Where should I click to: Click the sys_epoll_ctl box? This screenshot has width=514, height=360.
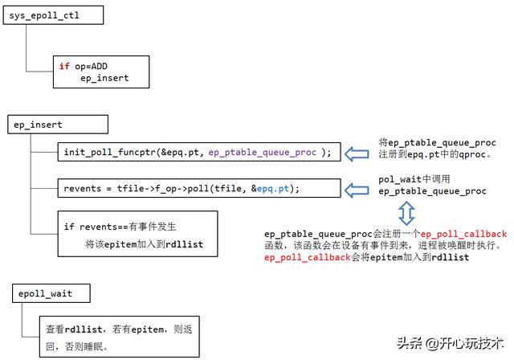click(x=54, y=15)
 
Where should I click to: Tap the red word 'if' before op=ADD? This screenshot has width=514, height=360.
click(x=64, y=66)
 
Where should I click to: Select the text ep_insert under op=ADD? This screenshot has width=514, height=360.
click(x=104, y=79)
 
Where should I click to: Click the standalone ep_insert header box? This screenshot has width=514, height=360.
click(x=58, y=125)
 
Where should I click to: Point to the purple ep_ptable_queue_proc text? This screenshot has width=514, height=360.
click(x=263, y=153)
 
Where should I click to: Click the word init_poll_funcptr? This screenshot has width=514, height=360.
click(x=110, y=153)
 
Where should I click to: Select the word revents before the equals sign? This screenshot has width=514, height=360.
click(x=83, y=189)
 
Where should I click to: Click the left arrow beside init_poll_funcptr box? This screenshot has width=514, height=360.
click(x=357, y=153)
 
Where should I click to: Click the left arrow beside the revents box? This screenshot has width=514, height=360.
click(x=357, y=190)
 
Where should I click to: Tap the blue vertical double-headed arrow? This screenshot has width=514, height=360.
click(x=406, y=213)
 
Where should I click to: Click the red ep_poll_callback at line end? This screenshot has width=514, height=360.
click(x=463, y=234)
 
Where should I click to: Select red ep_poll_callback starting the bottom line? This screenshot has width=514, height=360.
click(x=308, y=257)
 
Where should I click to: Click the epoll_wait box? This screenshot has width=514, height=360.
click(x=51, y=293)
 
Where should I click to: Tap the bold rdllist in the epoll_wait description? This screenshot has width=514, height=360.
click(x=84, y=329)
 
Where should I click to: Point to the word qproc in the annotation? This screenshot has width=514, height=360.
click(x=472, y=154)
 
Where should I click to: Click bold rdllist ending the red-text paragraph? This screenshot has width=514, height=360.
click(x=450, y=257)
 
